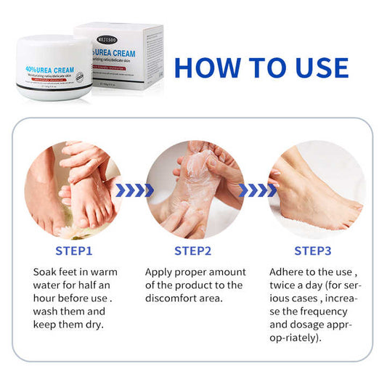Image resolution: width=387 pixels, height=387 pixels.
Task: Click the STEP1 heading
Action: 73,251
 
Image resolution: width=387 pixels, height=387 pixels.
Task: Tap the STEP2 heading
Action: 192,251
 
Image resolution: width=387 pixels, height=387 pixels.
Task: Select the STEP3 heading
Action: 312,251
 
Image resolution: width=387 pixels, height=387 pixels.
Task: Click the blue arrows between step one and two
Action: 134,190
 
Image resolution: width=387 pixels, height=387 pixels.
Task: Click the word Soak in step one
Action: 46,272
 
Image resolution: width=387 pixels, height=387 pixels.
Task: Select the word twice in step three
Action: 287,286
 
